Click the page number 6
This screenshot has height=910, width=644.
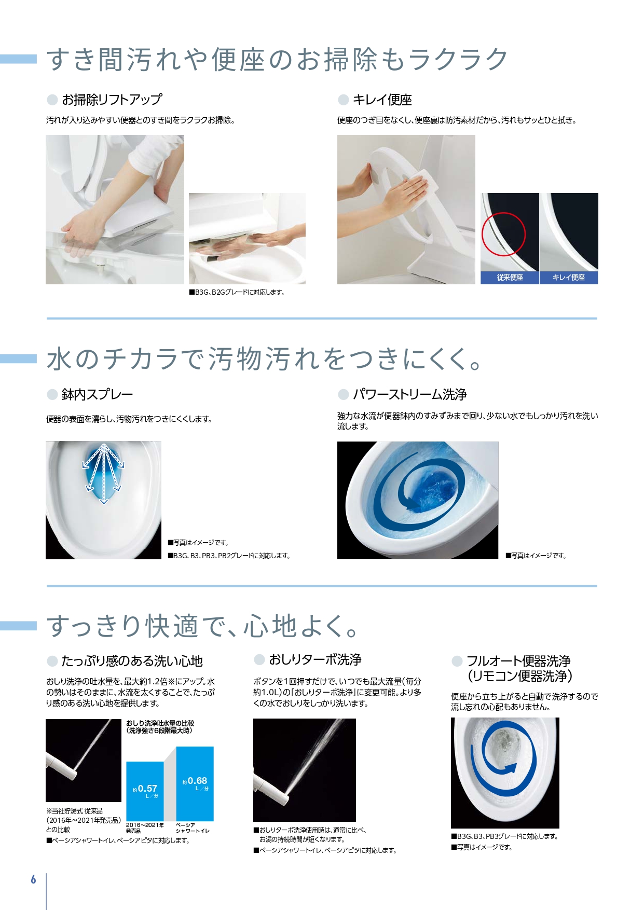(34, 879)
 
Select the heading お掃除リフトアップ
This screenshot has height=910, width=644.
(112, 99)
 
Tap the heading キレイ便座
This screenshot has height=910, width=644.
(382, 100)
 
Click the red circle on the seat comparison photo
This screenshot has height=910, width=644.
(503, 234)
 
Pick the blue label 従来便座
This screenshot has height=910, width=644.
(510, 278)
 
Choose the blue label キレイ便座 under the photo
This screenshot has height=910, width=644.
(569, 278)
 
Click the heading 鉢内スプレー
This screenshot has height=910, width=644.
(98, 394)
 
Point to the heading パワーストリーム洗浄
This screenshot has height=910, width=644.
(410, 394)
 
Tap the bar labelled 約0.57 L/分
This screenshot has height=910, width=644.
(145, 791)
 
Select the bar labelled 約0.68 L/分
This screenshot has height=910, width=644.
(195, 784)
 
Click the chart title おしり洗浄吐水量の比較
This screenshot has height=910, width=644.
(160, 723)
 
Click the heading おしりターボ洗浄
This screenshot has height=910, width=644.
(315, 659)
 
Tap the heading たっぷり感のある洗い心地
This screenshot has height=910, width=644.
(132, 661)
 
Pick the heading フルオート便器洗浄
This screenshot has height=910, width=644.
(518, 661)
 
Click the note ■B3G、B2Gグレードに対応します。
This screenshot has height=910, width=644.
(237, 292)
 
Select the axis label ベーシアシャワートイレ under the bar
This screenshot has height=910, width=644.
(193, 828)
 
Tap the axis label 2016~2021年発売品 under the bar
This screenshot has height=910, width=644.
(145, 828)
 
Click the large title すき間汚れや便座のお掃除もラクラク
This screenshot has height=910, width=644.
(277, 59)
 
